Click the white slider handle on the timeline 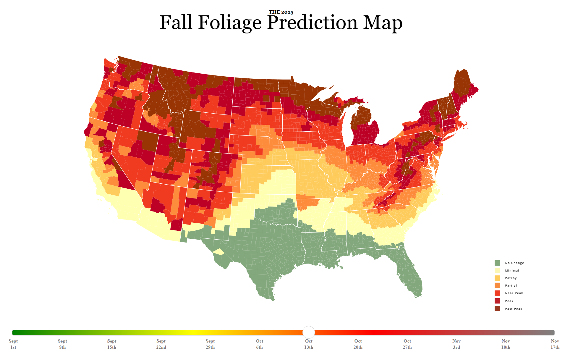coord(308,332)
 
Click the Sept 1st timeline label coord(13,344)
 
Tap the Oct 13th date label coord(308,344)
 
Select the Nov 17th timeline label coord(555,344)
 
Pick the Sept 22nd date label coord(161,344)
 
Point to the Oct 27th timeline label coord(407,344)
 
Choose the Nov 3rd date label coord(456,344)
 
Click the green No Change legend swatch coord(497,263)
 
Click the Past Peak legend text coord(514,309)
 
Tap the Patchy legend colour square coord(497,278)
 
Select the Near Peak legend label coord(514,293)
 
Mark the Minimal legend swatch coord(497,270)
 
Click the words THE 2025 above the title coord(281,12)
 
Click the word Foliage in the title coord(230,23)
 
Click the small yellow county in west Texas coord(219,252)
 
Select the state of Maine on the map coord(463,86)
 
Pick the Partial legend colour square coord(497,285)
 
